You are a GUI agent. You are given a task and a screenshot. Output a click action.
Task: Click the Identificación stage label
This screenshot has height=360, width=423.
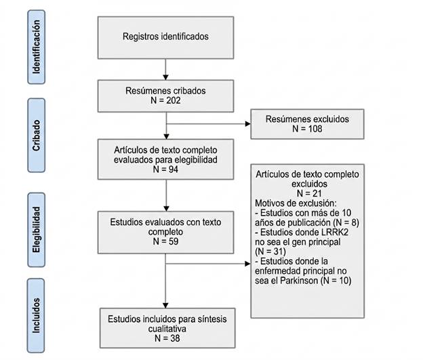pyautogui.click(x=36, y=47)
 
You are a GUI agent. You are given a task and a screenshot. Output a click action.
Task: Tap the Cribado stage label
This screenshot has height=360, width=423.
pyautogui.click(x=36, y=135)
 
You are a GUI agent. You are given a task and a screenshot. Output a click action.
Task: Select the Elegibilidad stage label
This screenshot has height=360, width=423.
pyautogui.click(x=36, y=230)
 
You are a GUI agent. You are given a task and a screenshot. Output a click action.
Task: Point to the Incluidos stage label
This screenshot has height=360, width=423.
pyautogui.click(x=36, y=315)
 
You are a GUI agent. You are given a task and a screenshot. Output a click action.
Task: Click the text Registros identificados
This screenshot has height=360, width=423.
pyautogui.click(x=165, y=37)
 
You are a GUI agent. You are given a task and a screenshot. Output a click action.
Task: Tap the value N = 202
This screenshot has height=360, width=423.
pyautogui.click(x=165, y=100)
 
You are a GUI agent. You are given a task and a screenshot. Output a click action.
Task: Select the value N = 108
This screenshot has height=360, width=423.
pyautogui.click(x=307, y=129)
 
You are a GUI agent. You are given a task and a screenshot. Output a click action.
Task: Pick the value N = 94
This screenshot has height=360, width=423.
pyautogui.click(x=165, y=169)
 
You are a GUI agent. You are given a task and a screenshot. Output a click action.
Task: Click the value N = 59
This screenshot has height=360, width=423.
pyautogui.click(x=165, y=241)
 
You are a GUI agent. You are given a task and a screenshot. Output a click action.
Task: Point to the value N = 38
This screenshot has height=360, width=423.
pyautogui.click(x=167, y=338)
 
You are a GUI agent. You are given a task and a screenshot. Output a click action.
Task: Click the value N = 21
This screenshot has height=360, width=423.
pyautogui.click(x=309, y=193)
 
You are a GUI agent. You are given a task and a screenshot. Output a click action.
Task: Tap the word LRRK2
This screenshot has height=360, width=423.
pyautogui.click(x=334, y=233)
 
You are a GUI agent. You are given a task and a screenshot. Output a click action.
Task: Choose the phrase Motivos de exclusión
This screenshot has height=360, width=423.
pyautogui.click(x=295, y=203)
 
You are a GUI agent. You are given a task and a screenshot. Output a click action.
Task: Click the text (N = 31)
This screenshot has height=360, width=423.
pyautogui.click(x=270, y=252)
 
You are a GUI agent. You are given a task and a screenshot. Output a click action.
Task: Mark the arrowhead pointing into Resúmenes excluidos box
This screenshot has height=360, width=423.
pyautogui.click(x=247, y=124)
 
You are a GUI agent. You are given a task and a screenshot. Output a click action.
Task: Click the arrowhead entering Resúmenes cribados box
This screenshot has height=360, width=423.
pyautogui.click(x=165, y=77)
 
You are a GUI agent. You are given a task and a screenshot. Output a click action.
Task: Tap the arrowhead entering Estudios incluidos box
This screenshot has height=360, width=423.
pyautogui.click(x=165, y=306)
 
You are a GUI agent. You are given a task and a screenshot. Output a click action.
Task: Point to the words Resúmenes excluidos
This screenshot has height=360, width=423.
pyautogui.click(x=307, y=119)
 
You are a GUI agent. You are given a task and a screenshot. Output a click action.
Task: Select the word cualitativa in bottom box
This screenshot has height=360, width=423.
pyautogui.click(x=167, y=329)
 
